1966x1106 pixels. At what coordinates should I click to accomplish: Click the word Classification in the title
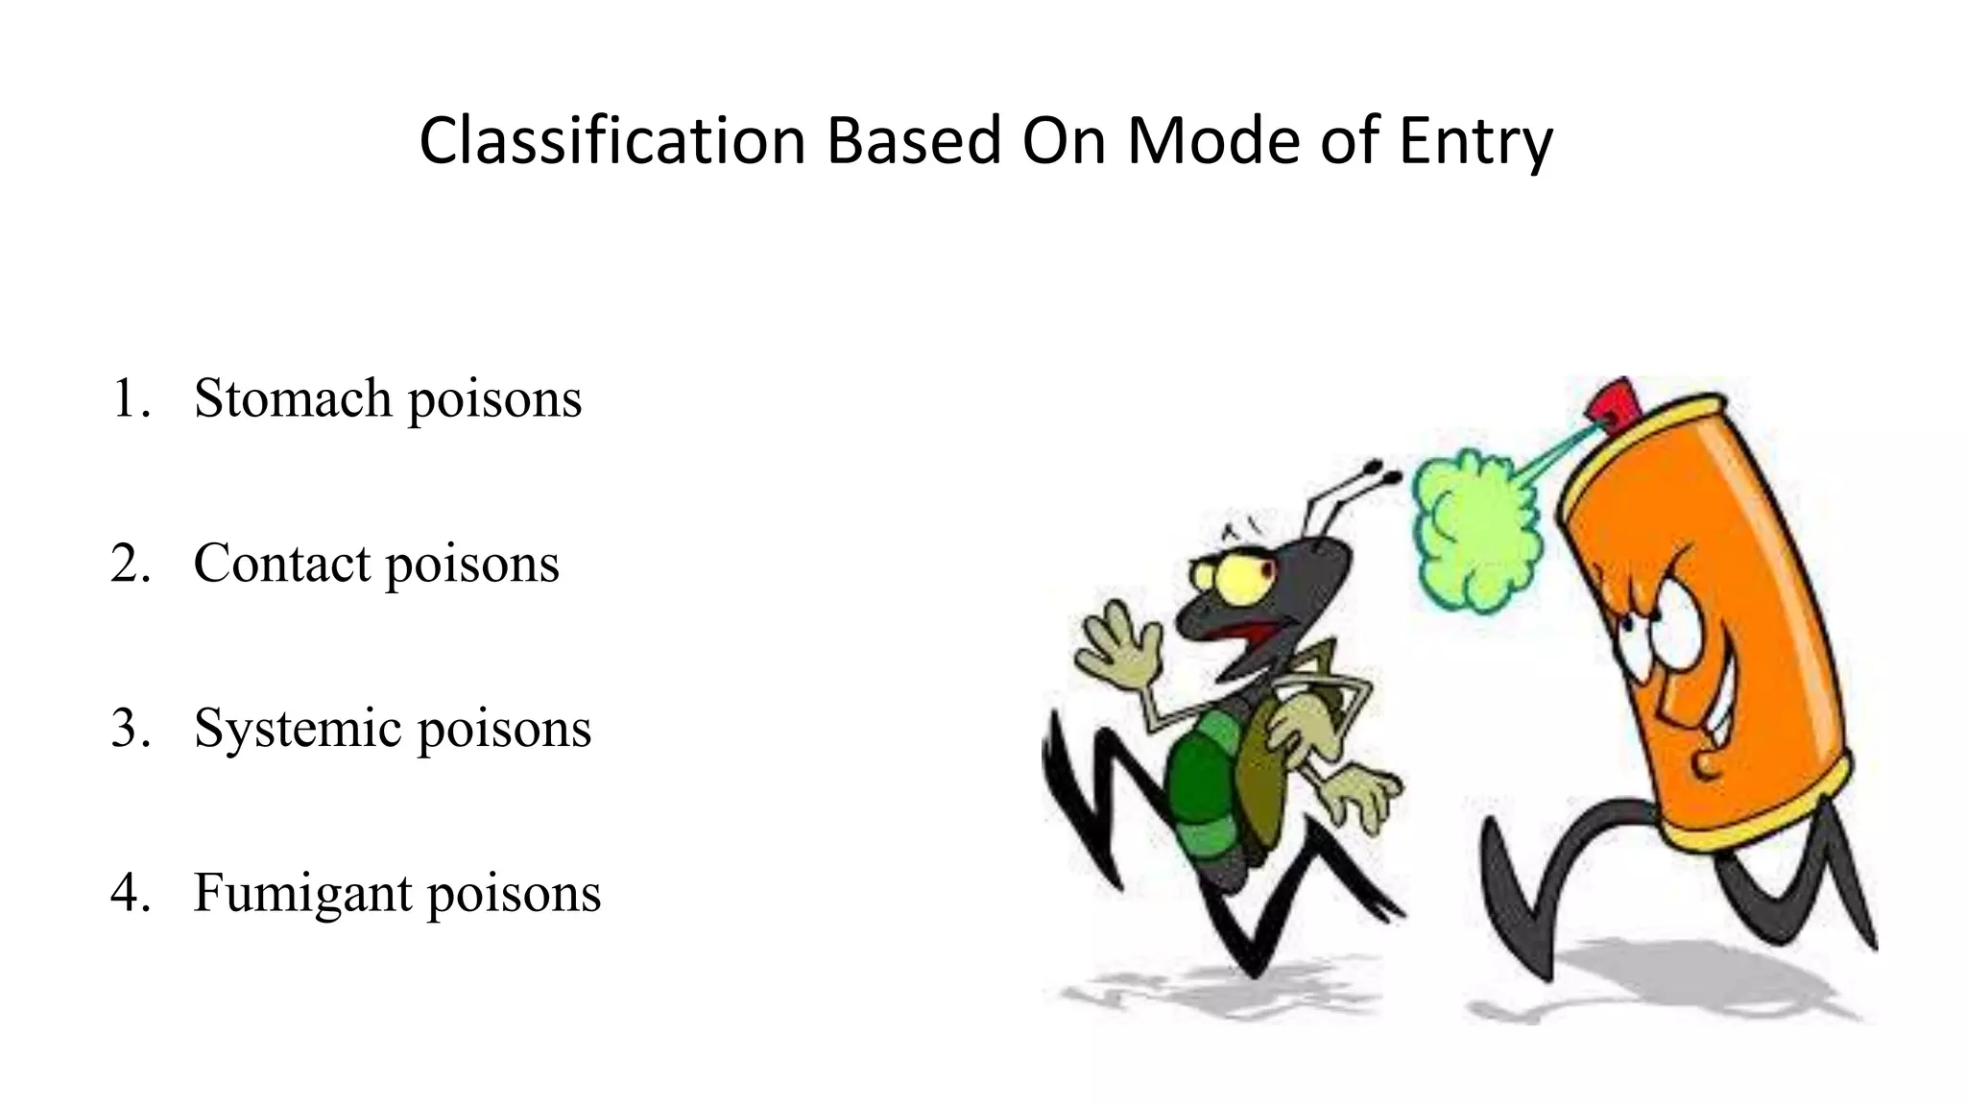611,141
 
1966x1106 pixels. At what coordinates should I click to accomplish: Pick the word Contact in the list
281,563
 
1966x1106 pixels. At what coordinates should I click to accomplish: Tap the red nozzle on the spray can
1615,401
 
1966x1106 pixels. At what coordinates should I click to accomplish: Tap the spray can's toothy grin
1718,720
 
